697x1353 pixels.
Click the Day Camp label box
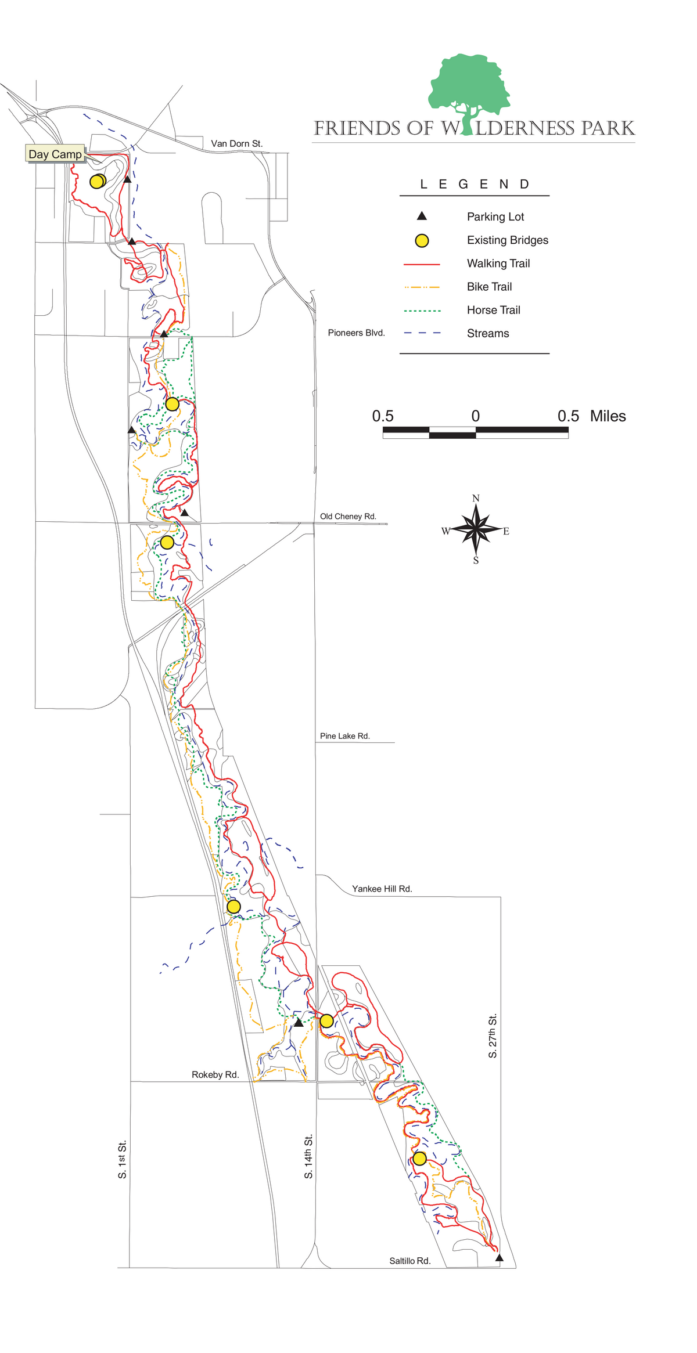tap(55, 154)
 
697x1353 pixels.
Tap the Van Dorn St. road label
tap(236, 143)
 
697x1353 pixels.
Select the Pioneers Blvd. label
tap(356, 333)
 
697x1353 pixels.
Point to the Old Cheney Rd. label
tap(348, 516)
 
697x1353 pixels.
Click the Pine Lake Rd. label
tap(344, 736)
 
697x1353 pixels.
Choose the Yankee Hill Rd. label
tap(382, 889)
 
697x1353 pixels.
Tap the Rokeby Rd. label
tap(215, 1074)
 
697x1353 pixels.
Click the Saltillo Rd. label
tap(409, 1261)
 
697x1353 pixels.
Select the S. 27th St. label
tap(493, 1036)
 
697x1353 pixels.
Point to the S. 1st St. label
tap(122, 1160)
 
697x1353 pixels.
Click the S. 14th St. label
tap(308, 1156)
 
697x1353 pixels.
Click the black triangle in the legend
tap(422, 217)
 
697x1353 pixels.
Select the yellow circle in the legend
tap(422, 240)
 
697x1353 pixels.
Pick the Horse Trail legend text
tap(493, 310)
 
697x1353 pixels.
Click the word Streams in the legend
tap(487, 333)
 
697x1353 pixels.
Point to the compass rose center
tap(476, 529)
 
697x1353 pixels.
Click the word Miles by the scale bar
tap(608, 416)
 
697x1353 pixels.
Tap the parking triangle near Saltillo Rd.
tap(499, 1258)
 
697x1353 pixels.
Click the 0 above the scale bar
tap(476, 416)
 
